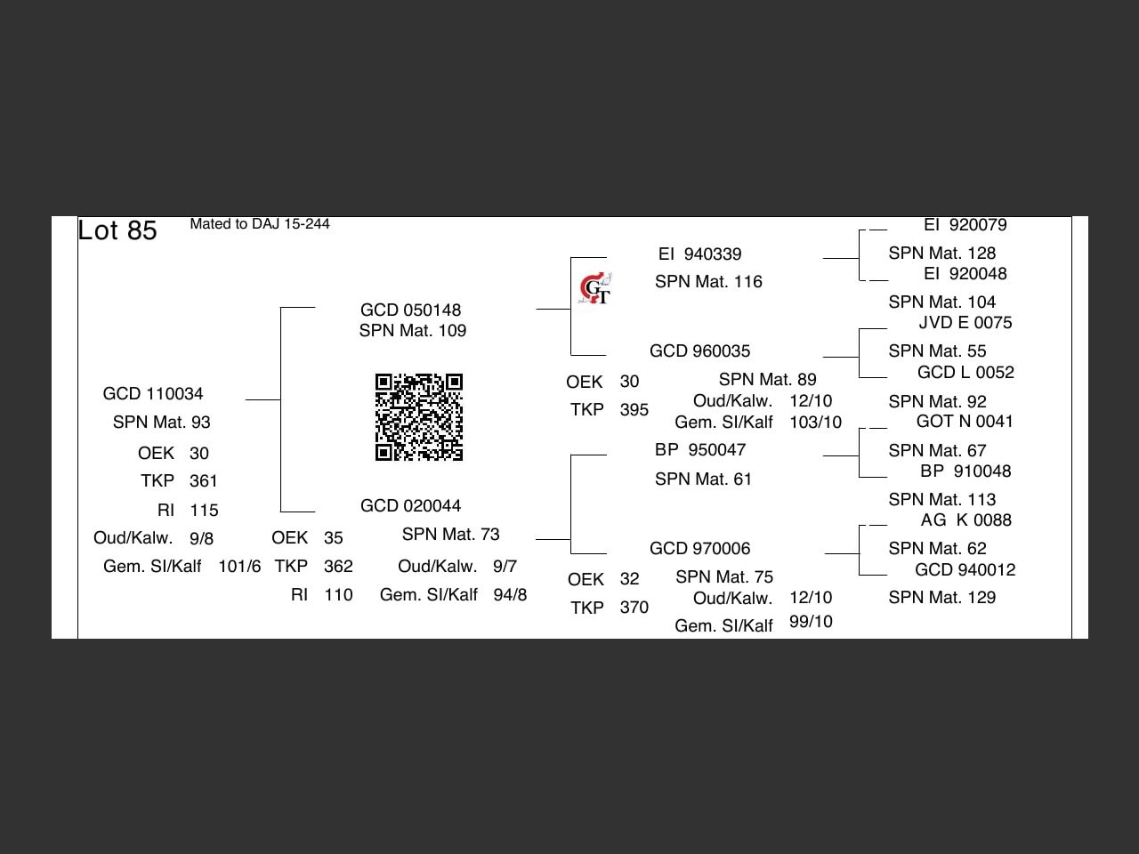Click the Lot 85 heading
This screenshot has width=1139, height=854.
117,230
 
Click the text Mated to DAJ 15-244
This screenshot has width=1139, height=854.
260,224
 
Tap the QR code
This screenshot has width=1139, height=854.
419,417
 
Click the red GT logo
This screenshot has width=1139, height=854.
594,289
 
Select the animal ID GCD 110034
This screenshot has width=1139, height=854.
153,393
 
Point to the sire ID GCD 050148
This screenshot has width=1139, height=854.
411,310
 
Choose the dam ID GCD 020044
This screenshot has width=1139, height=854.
411,505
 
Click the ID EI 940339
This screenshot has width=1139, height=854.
700,254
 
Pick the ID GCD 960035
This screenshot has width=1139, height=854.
700,350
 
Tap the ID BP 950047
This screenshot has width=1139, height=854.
700,449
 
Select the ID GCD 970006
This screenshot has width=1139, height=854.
700,548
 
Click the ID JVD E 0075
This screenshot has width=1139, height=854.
965,322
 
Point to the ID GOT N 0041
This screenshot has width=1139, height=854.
965,421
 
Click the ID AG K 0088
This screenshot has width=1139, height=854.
965,520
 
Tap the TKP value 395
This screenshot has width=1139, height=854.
634,409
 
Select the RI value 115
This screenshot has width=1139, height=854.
204,510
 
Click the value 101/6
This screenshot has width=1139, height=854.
239,566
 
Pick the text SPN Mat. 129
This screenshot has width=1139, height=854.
942,597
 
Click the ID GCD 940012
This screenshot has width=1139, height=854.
965,569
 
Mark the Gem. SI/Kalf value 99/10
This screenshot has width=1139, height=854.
811,621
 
